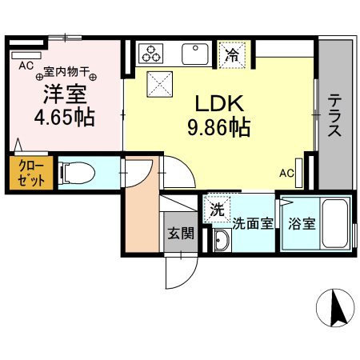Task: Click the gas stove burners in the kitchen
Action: coord(150,54)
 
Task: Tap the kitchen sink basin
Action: coord(194,54)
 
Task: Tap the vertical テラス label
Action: coord(334,116)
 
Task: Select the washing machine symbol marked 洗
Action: coord(217,210)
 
